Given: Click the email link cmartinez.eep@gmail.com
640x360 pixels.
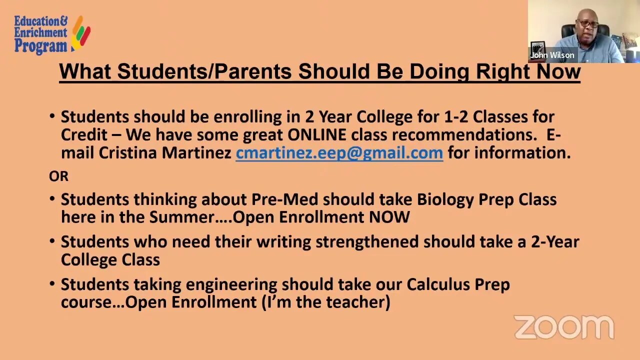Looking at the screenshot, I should (x=339, y=152).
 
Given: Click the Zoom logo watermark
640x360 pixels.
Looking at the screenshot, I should (x=563, y=327).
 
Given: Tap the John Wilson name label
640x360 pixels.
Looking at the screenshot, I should (x=552, y=55).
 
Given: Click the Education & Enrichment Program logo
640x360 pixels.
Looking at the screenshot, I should (x=51, y=34).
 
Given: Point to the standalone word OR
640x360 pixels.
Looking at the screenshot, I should (x=58, y=176).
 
